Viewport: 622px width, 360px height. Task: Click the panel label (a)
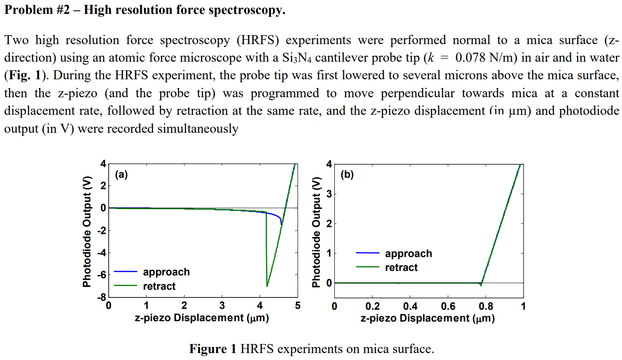[x=121, y=175]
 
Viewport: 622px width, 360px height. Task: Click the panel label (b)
[x=347, y=175]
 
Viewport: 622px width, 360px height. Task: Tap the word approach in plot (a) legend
[x=166, y=272]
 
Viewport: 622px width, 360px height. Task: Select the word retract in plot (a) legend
[x=159, y=286]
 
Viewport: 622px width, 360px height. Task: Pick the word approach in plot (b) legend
[x=408, y=254]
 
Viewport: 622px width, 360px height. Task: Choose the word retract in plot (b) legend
[x=401, y=268]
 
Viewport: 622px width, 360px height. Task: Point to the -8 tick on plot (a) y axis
[x=101, y=297]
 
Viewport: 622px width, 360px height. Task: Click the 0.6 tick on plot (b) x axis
[x=448, y=306]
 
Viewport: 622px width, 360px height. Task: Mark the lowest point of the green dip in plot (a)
[x=267, y=286]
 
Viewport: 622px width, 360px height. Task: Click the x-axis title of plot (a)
[x=201, y=318]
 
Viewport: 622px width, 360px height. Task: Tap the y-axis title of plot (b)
[x=315, y=232]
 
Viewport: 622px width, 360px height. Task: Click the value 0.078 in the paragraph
[x=470, y=58]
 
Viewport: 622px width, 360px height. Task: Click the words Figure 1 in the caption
[x=213, y=349]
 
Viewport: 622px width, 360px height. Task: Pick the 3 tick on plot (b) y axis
[x=329, y=194]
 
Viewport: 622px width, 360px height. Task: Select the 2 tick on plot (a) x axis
[x=184, y=306]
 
